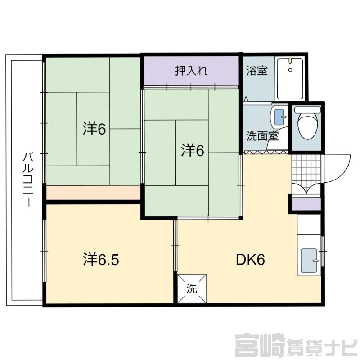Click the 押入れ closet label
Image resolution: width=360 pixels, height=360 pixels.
click(191, 71)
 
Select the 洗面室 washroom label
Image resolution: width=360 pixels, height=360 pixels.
click(262, 136)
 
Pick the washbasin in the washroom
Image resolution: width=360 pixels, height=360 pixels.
click(279, 117)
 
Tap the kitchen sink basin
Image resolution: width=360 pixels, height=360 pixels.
click(310, 260)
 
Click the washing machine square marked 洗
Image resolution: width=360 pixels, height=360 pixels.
click(192, 288)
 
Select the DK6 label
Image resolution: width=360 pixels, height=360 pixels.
click(251, 260)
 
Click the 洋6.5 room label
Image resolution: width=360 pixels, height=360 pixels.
click(101, 260)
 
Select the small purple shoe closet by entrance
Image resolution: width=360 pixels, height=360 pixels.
click(306, 204)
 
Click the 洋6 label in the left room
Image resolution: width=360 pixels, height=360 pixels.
click(94, 129)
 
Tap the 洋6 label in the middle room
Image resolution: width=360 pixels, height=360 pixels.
click(193, 150)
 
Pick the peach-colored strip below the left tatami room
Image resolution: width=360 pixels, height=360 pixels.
click(93, 193)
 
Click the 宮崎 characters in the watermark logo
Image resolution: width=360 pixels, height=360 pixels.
click(260, 346)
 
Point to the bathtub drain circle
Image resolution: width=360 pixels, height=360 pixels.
click(290, 70)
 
